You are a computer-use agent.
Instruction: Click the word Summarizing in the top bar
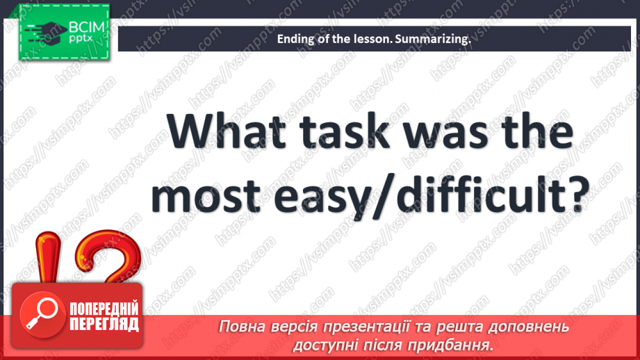[x=432, y=40]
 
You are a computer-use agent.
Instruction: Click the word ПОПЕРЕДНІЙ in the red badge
[x=104, y=309]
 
